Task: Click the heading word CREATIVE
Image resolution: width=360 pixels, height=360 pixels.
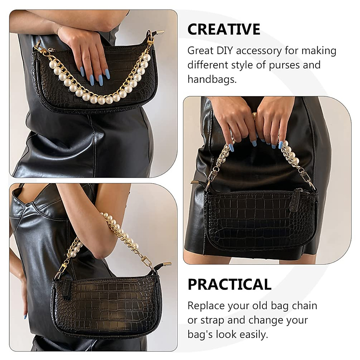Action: [223, 29]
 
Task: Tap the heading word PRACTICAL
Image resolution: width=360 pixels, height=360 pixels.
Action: [229, 284]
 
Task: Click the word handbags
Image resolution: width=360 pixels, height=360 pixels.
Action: [211, 79]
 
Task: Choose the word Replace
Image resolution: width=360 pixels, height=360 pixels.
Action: [206, 305]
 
